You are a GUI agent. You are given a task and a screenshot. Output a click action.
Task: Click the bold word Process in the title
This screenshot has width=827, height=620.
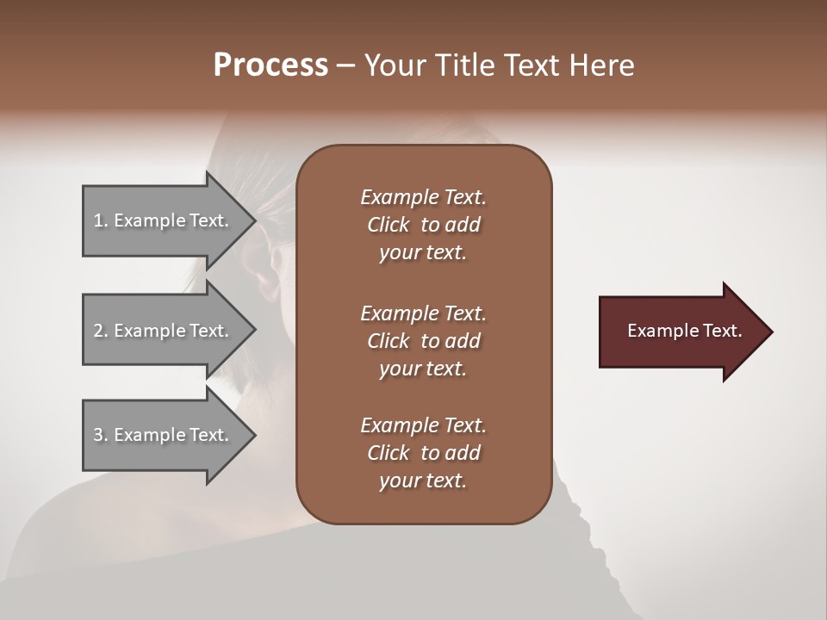pyautogui.click(x=270, y=65)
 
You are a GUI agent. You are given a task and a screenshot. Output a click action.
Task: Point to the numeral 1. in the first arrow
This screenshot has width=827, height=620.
pyautogui.click(x=101, y=220)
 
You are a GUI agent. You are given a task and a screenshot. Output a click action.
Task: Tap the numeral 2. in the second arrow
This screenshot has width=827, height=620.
pyautogui.click(x=101, y=331)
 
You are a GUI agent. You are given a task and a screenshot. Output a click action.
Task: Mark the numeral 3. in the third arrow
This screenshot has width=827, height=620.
pyautogui.click(x=101, y=435)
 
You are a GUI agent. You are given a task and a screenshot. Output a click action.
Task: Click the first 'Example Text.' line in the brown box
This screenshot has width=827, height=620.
pyautogui.click(x=423, y=197)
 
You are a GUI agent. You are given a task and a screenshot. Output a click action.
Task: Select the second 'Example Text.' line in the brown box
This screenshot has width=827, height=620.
pyautogui.click(x=423, y=313)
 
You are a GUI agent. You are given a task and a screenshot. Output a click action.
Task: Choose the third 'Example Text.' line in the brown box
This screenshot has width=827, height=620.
pyautogui.click(x=423, y=425)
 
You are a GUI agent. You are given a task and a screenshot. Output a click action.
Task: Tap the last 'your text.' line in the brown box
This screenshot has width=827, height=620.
pyautogui.click(x=423, y=481)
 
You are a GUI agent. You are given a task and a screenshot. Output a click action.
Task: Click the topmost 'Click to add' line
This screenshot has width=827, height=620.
pyautogui.click(x=423, y=225)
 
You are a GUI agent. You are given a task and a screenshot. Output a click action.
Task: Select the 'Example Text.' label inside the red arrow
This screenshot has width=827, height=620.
pyautogui.click(x=684, y=331)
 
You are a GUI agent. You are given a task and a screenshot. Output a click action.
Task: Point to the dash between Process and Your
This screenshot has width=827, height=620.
pyautogui.click(x=345, y=66)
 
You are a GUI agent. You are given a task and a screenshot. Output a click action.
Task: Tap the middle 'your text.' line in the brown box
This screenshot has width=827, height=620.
pyautogui.click(x=423, y=369)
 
